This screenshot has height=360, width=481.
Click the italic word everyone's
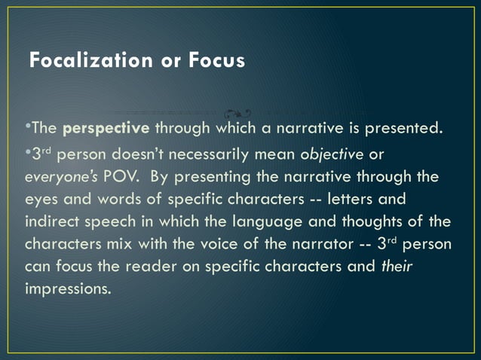[58, 178]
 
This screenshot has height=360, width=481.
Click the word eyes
[41, 200]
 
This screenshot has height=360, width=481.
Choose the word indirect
[54, 222]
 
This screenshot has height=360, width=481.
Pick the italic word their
[397, 267]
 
